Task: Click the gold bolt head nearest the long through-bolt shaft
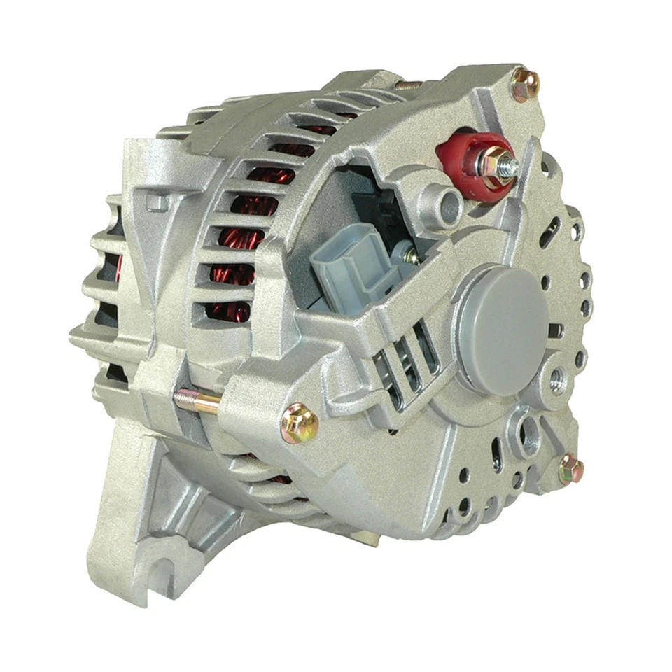tap(299, 421)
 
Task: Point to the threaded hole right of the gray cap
tap(558, 379)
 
